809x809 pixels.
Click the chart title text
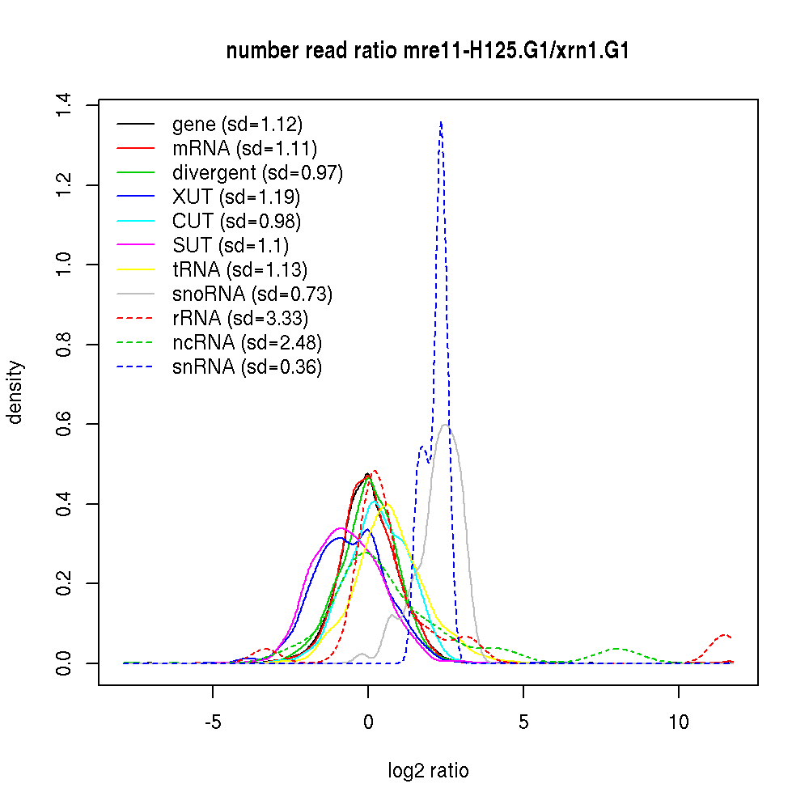coord(428,51)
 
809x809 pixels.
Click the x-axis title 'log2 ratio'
coord(428,771)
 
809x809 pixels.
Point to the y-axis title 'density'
coord(15,392)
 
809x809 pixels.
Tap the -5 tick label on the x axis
coord(213,722)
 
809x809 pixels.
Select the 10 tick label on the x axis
coord(679,722)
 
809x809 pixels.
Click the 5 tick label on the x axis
coord(523,722)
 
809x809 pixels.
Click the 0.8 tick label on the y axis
coord(64,345)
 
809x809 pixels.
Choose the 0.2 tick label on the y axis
coord(64,583)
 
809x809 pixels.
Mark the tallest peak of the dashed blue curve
coord(440,122)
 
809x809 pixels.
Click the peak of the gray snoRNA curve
coord(447,426)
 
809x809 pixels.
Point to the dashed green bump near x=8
coord(617,649)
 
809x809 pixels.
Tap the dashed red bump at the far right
coord(724,635)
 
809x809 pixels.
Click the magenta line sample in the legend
coord(135,245)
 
